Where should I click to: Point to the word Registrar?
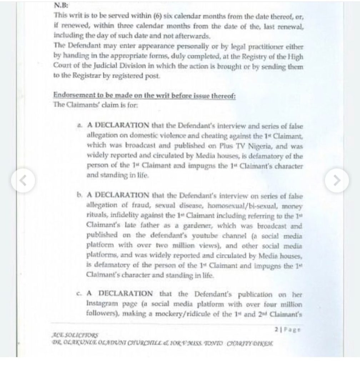tap(84, 76)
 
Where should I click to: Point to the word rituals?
tap(97, 216)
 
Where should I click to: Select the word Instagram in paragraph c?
tap(103, 305)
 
